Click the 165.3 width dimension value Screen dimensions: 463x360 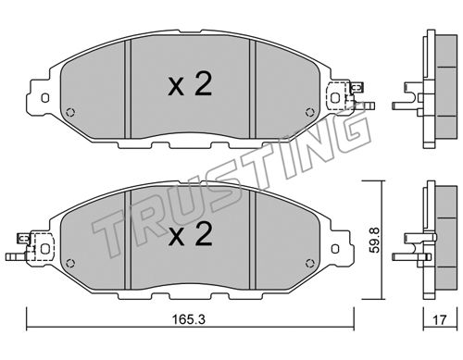(188, 319)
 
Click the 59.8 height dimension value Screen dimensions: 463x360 (375, 240)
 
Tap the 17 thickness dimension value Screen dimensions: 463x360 (440, 319)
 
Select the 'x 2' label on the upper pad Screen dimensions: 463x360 (190, 83)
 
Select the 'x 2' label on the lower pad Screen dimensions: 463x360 (190, 235)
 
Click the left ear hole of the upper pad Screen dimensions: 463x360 (45, 98)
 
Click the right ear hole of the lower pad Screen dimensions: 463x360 (335, 249)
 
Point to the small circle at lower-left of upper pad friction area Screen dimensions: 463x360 (70, 112)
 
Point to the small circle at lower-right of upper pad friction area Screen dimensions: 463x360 (309, 112)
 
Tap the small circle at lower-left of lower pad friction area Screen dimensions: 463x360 (70, 263)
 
